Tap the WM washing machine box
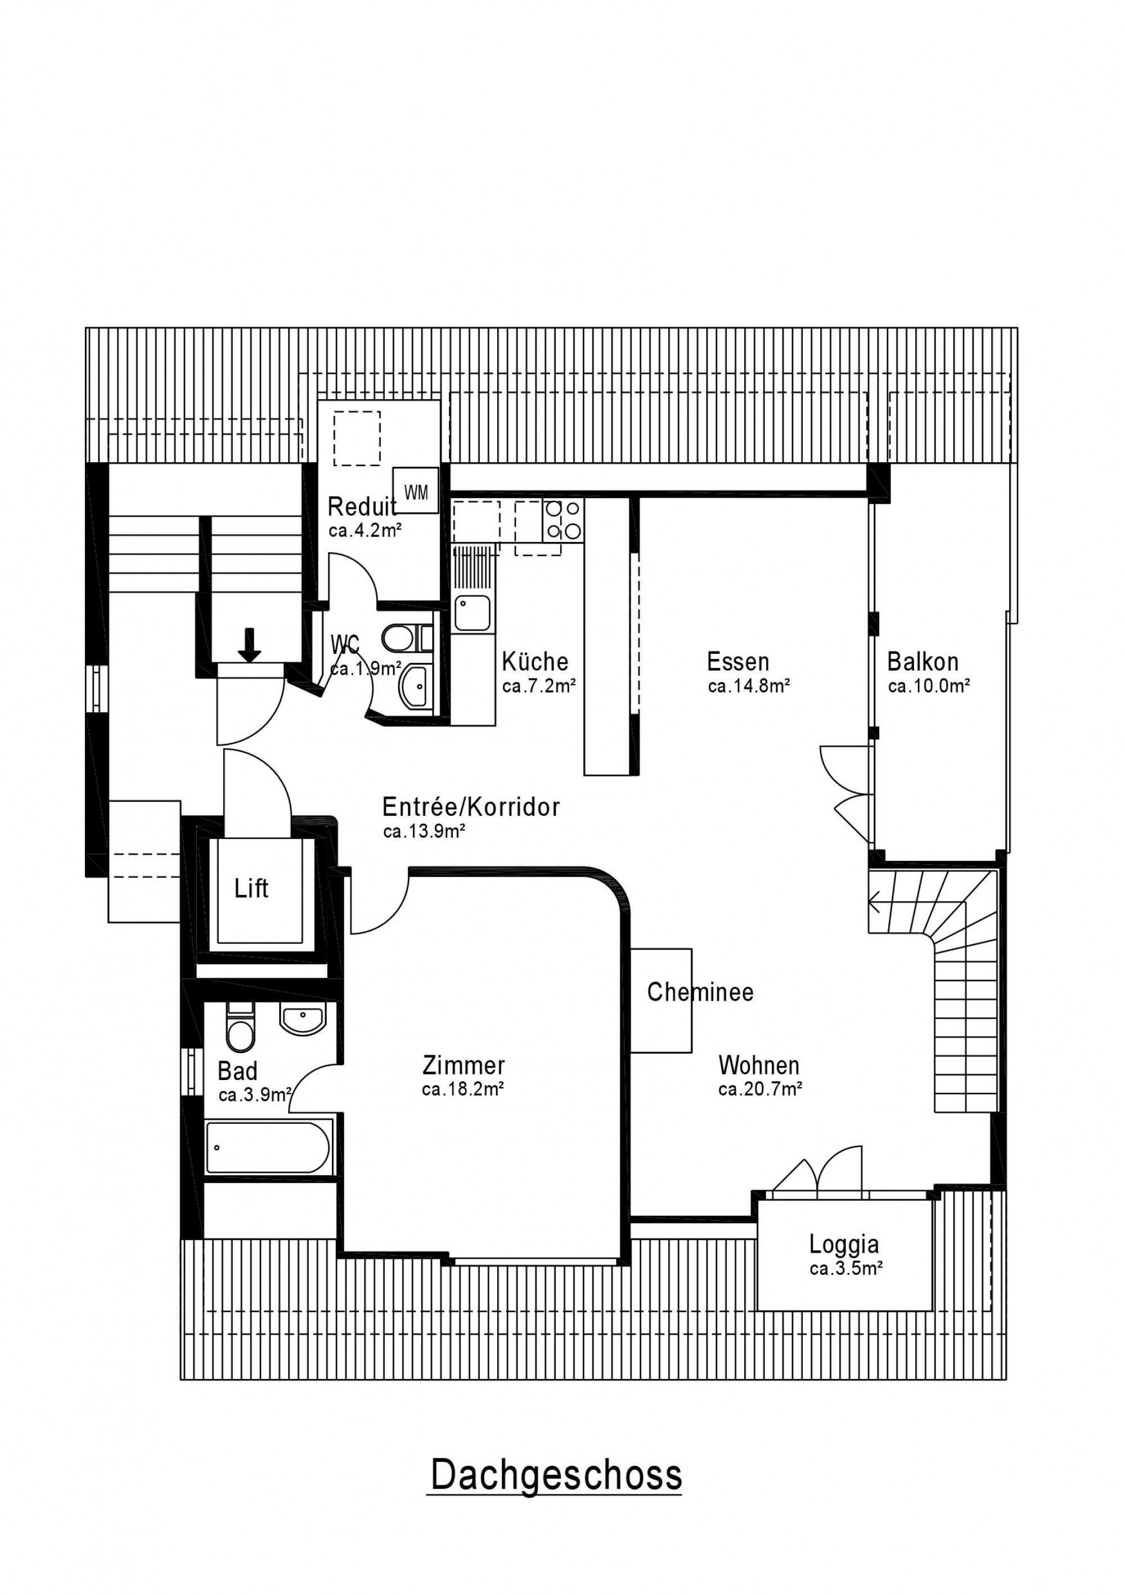click(x=416, y=490)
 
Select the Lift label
click(x=251, y=888)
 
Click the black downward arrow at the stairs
click(x=249, y=644)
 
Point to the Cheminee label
click(x=700, y=992)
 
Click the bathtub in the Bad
click(x=268, y=1147)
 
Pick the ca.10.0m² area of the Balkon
click(x=928, y=686)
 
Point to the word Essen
click(x=738, y=661)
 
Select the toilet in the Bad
click(x=240, y=1027)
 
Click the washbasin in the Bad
click(x=302, y=1018)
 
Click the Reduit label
click(x=362, y=507)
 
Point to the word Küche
click(x=535, y=661)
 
